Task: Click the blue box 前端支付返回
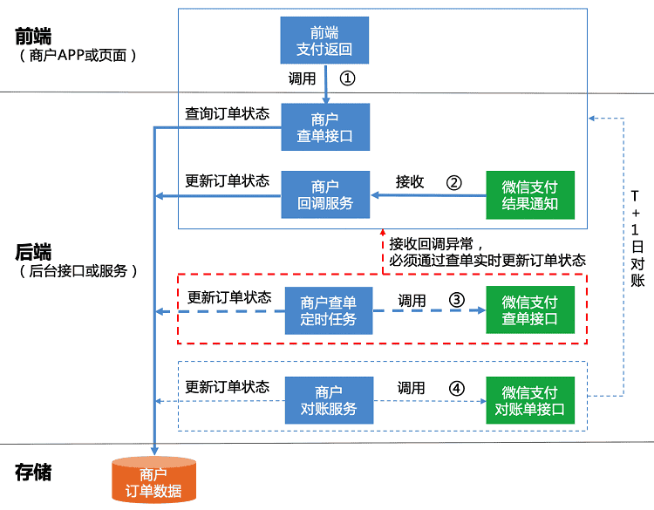[325, 40]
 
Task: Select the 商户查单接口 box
[325, 127]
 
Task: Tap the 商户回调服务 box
[325, 194]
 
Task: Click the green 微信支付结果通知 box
[530, 194]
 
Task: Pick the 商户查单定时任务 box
[329, 310]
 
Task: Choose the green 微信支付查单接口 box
[530, 310]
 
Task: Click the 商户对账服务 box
[329, 400]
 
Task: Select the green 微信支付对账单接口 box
[530, 400]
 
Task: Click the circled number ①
[347, 78]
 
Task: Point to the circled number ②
[453, 182]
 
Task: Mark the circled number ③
[456, 299]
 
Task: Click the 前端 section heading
[33, 37]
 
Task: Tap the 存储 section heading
[33, 473]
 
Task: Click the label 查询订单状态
[227, 114]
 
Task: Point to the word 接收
[410, 182]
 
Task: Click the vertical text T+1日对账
[637, 237]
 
